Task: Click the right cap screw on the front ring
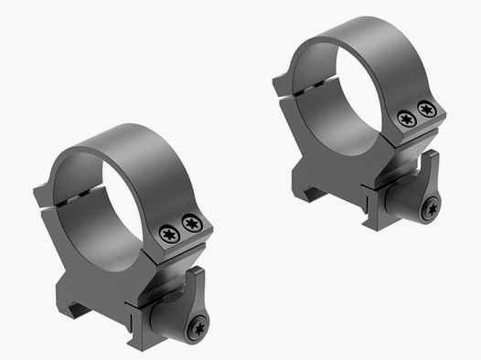pos(190,222)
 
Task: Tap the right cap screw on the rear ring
pos(426,109)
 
